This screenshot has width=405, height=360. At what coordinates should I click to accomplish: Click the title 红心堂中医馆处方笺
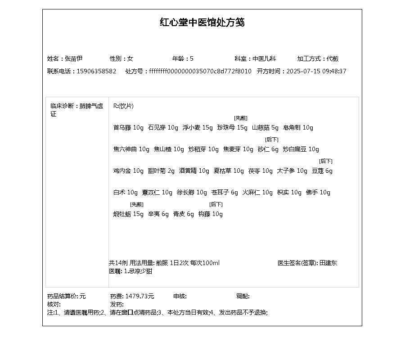pyautogui.click(x=202, y=22)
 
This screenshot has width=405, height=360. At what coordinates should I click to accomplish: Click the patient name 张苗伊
pyautogui.click(x=73, y=58)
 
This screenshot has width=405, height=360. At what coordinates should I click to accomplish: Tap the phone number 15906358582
pyautogui.click(x=96, y=71)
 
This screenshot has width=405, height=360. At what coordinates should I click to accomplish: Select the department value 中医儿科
pyautogui.click(x=264, y=58)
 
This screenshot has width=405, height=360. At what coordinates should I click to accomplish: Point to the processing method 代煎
pyautogui.click(x=333, y=58)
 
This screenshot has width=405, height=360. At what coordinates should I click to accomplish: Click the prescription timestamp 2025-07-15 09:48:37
pyautogui.click(x=316, y=71)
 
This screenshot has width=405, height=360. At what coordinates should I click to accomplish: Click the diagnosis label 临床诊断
pyautogui.click(x=63, y=106)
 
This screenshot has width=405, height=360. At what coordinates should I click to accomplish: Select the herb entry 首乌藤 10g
pyautogui.click(x=128, y=128)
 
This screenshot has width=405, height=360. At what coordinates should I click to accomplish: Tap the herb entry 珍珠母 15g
pyautogui.click(x=232, y=128)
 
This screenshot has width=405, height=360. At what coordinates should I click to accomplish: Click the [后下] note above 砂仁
pyautogui.click(x=272, y=139)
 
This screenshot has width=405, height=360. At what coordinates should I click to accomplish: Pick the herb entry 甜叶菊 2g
pyautogui.click(x=161, y=171)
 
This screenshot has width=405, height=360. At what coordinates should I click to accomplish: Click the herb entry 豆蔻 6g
pyautogui.click(x=322, y=171)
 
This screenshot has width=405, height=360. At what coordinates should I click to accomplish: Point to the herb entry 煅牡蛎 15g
pyautogui.click(x=128, y=214)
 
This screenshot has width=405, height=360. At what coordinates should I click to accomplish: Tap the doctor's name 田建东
pyautogui.click(x=328, y=263)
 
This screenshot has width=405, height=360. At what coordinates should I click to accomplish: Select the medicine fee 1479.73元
pyautogui.click(x=139, y=297)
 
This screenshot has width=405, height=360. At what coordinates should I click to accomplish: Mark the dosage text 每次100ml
pyautogui.click(x=205, y=263)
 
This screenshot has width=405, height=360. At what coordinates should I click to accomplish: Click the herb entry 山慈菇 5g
pyautogui.click(x=265, y=128)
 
